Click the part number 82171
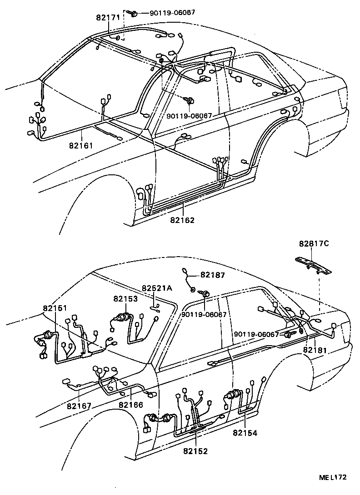(108, 18)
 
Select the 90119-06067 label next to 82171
(172, 12)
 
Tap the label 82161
(81, 146)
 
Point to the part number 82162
(182, 221)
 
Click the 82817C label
(314, 243)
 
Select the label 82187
(213, 275)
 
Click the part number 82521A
(157, 288)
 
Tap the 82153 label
(125, 298)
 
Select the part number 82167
(79, 406)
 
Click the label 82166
(131, 405)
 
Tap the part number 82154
(245, 433)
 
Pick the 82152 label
(195, 451)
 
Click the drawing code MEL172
(332, 477)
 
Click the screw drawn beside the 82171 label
(134, 14)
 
